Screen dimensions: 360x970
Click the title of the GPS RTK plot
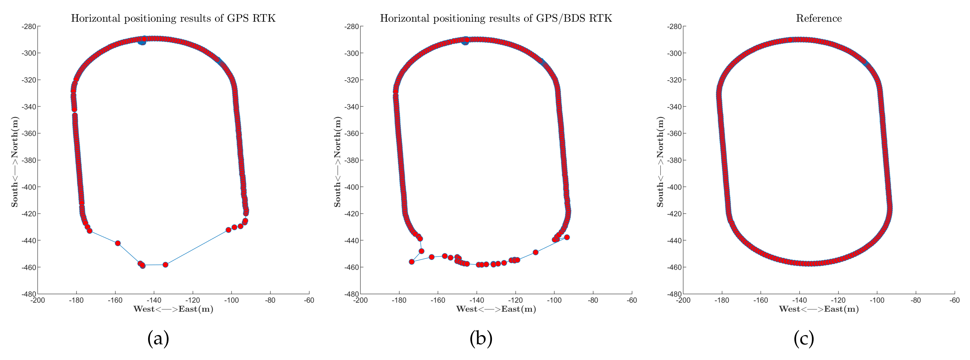pyautogui.click(x=173, y=18)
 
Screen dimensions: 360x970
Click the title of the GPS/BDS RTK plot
pyautogui.click(x=496, y=18)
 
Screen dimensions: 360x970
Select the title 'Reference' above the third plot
pyautogui.click(x=819, y=18)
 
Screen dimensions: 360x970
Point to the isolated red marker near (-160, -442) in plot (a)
pyautogui.click(x=118, y=243)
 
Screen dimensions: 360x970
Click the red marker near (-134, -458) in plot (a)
pyautogui.click(x=165, y=265)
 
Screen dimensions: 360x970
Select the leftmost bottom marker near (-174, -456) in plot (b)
pyautogui.click(x=412, y=262)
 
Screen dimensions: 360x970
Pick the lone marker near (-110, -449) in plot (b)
pyautogui.click(x=535, y=252)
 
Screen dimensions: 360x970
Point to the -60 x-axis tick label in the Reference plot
pyautogui.click(x=955, y=300)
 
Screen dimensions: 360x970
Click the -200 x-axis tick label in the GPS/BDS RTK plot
pyautogui.click(x=360, y=300)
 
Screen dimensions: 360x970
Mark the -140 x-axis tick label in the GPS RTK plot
pyautogui.click(x=154, y=300)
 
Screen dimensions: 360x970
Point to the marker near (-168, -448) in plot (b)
pyautogui.click(x=421, y=251)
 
